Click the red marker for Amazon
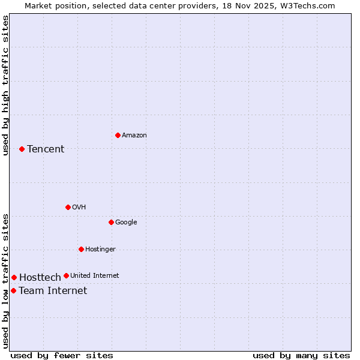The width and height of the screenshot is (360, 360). tap(118, 135)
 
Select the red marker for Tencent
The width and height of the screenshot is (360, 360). tap(22, 149)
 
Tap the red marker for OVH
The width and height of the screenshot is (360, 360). tap(68, 207)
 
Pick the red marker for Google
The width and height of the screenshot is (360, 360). tap(111, 222)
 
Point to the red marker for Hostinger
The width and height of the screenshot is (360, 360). tap(81, 249)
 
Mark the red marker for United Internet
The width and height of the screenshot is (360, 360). tap(66, 276)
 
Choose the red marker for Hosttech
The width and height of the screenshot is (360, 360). tap(14, 277)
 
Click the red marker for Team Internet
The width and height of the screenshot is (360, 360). tap(13, 290)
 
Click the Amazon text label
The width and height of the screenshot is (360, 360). tap(134, 136)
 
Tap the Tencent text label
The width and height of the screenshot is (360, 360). tap(46, 149)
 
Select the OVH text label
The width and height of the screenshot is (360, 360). tap(79, 208)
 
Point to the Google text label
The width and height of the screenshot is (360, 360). tap(126, 223)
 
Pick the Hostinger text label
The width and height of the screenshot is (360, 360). tap(100, 250)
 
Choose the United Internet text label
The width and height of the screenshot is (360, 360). tap(94, 276)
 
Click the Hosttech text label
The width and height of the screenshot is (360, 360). tap(40, 278)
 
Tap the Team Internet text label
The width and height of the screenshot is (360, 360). tap(53, 291)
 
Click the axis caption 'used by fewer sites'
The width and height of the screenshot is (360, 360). tap(62, 355)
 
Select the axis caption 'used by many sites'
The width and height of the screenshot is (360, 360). tap(301, 355)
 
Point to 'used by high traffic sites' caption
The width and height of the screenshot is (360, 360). tap(5, 85)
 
